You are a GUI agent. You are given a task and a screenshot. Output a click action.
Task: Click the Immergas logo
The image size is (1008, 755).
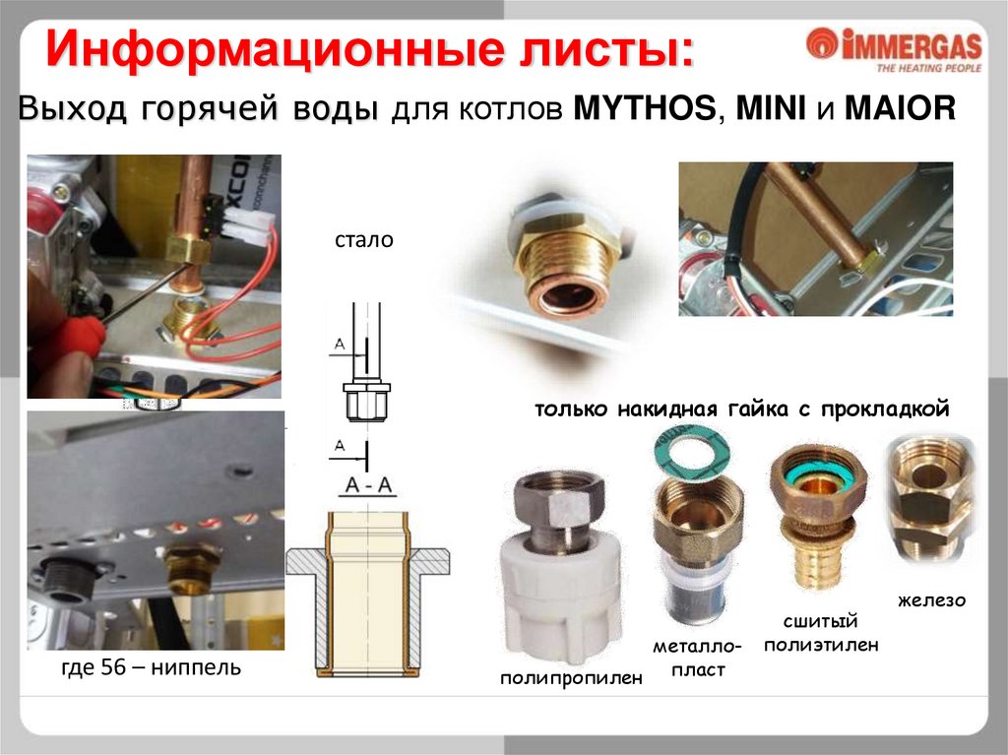point(894,49)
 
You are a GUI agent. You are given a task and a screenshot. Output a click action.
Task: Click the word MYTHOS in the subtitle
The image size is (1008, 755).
point(644,108)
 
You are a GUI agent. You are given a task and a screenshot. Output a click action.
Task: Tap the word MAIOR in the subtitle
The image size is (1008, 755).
point(900,108)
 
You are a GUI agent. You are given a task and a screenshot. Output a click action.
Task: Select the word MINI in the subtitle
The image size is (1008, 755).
point(771,108)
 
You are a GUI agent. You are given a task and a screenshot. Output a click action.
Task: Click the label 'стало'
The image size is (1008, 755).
point(364,240)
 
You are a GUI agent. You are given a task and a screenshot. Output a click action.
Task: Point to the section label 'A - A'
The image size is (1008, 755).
point(368,484)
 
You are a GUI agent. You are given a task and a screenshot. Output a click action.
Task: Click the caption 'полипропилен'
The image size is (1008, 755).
point(572,678)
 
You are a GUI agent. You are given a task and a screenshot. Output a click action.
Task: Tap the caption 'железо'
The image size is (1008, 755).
point(932,600)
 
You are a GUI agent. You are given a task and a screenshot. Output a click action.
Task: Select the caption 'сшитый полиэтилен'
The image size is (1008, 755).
point(821,633)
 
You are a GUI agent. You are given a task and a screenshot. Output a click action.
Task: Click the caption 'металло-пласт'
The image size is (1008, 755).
point(698,658)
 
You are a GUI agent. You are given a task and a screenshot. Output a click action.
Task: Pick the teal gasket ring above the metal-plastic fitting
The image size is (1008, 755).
point(690,453)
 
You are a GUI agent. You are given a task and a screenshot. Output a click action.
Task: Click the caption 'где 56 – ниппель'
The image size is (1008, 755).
point(151,667)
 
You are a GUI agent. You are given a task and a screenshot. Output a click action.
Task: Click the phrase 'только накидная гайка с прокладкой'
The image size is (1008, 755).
point(742,409)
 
